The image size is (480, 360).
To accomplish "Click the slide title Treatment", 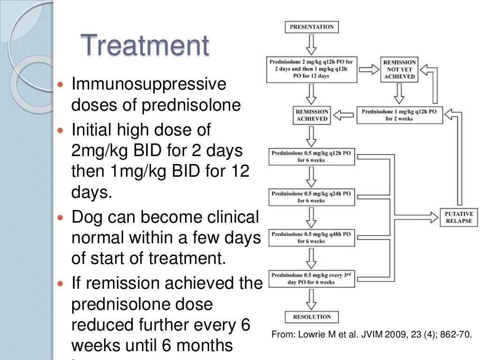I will (145, 46).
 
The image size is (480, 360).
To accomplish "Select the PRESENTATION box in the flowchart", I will (311, 27).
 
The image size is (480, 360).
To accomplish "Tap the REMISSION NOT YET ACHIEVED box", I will (399, 69).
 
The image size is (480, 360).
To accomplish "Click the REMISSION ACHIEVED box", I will (311, 115).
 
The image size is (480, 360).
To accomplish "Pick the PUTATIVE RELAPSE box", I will (459, 217).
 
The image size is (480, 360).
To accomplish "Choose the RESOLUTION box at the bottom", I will (311, 317).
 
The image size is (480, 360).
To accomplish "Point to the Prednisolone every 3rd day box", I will (311, 279).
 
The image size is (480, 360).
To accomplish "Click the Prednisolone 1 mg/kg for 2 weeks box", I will (400, 115).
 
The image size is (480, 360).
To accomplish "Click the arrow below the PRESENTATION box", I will (311, 45).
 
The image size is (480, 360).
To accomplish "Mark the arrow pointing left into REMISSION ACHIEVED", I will (346, 115).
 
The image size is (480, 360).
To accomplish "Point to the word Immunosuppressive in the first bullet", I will (149, 85).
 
